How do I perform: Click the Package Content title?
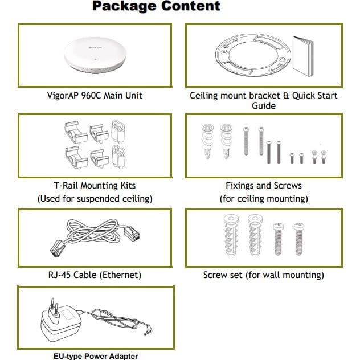[x=156, y=6]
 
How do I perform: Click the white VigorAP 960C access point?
[x=95, y=55]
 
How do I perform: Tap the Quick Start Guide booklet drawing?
[x=303, y=56]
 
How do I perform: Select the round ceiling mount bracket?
[x=253, y=55]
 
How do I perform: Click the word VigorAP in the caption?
[x=62, y=96]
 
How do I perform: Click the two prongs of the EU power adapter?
[x=54, y=307]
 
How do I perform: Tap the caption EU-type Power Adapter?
[x=96, y=356]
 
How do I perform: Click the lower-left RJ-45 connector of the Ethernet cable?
[x=58, y=248]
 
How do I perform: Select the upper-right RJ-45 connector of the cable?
[x=132, y=234]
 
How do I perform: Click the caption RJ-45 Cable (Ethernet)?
[x=95, y=275]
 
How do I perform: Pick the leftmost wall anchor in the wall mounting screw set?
[x=231, y=235]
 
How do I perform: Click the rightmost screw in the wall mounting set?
[x=299, y=239]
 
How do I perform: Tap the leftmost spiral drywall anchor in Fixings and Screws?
[x=207, y=141]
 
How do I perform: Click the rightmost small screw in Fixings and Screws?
[x=324, y=157]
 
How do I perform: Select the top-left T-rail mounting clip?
[x=76, y=133]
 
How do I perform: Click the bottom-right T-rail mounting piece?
[x=118, y=157]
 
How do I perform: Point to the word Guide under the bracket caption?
[x=264, y=105]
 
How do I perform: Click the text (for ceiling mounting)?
[x=264, y=199]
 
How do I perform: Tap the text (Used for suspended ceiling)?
[x=95, y=199]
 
